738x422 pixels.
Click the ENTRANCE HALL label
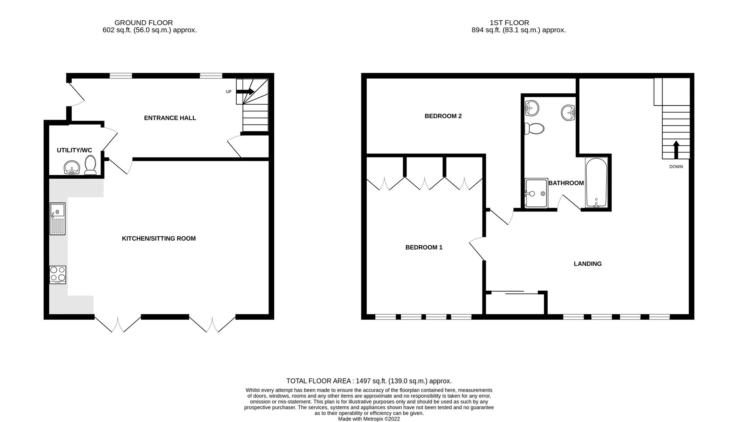(170, 118)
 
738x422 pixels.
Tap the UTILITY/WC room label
(74, 150)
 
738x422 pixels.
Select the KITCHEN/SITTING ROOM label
(159, 239)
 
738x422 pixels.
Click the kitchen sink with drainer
(58, 219)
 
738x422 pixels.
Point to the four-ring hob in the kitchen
(58, 275)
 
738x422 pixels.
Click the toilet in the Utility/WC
(91, 165)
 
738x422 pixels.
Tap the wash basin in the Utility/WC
(72, 168)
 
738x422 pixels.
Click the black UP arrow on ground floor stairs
(246, 92)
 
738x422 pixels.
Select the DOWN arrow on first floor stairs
(676, 149)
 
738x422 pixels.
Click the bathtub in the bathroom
(596, 183)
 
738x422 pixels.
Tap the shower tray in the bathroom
(536, 193)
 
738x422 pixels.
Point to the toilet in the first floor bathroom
(535, 129)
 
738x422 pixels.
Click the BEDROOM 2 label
(443, 116)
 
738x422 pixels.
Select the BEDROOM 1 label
(424, 247)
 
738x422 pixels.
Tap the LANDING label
(587, 264)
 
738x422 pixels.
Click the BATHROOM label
(566, 183)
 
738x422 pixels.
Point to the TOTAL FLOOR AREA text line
(369, 381)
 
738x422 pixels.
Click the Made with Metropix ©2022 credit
(369, 419)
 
